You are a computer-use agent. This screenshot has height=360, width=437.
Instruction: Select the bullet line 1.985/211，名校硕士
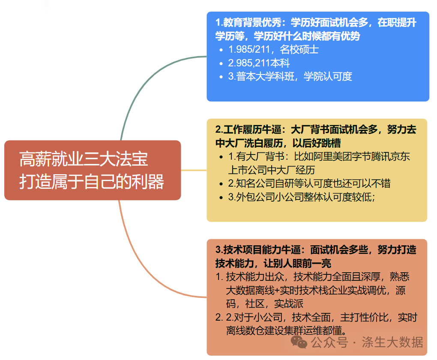(x=273, y=49)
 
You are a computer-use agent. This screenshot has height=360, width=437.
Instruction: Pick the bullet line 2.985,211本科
(x=259, y=63)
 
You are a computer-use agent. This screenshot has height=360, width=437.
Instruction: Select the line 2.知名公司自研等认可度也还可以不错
(x=309, y=183)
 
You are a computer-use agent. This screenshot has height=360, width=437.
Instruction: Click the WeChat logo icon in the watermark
(x=299, y=342)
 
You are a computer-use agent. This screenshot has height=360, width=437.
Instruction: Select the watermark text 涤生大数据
(x=392, y=342)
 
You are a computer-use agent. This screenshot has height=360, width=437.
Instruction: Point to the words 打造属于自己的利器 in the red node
(x=92, y=181)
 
